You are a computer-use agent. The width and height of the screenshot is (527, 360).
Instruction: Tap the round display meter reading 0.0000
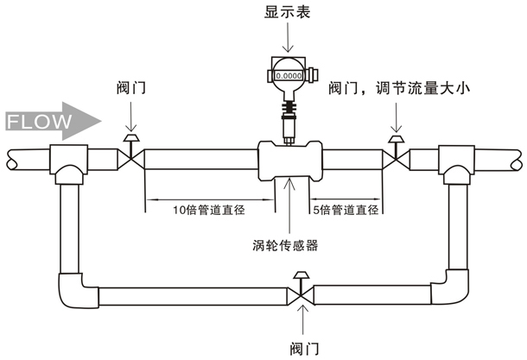[x=287, y=76]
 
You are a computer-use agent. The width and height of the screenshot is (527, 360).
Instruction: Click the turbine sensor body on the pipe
[x=289, y=161]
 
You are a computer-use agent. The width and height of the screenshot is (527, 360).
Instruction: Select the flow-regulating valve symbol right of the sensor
[x=396, y=155]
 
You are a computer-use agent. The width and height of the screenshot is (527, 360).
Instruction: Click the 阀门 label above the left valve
[x=130, y=89]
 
